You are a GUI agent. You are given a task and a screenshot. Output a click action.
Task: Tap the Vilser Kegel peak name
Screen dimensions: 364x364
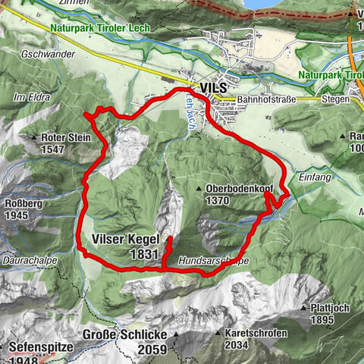coord(124,240)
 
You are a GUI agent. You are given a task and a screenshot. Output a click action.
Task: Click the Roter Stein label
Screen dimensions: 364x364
coord(66,138)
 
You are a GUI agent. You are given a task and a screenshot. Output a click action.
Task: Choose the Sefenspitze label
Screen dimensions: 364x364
coord(39,348)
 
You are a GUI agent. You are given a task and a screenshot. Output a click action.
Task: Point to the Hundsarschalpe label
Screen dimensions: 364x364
coord(215,261)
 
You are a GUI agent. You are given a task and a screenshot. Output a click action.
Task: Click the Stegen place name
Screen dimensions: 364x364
coord(334,99)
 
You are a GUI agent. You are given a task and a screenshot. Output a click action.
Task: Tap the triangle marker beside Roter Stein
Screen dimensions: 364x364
coord(34,138)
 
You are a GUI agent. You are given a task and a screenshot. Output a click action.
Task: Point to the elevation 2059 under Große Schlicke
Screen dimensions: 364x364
coord(154,349)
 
